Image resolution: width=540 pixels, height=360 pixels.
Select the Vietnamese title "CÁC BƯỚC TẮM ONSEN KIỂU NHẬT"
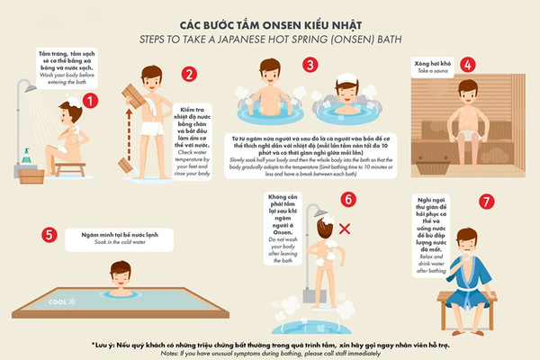tap(270, 25)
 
